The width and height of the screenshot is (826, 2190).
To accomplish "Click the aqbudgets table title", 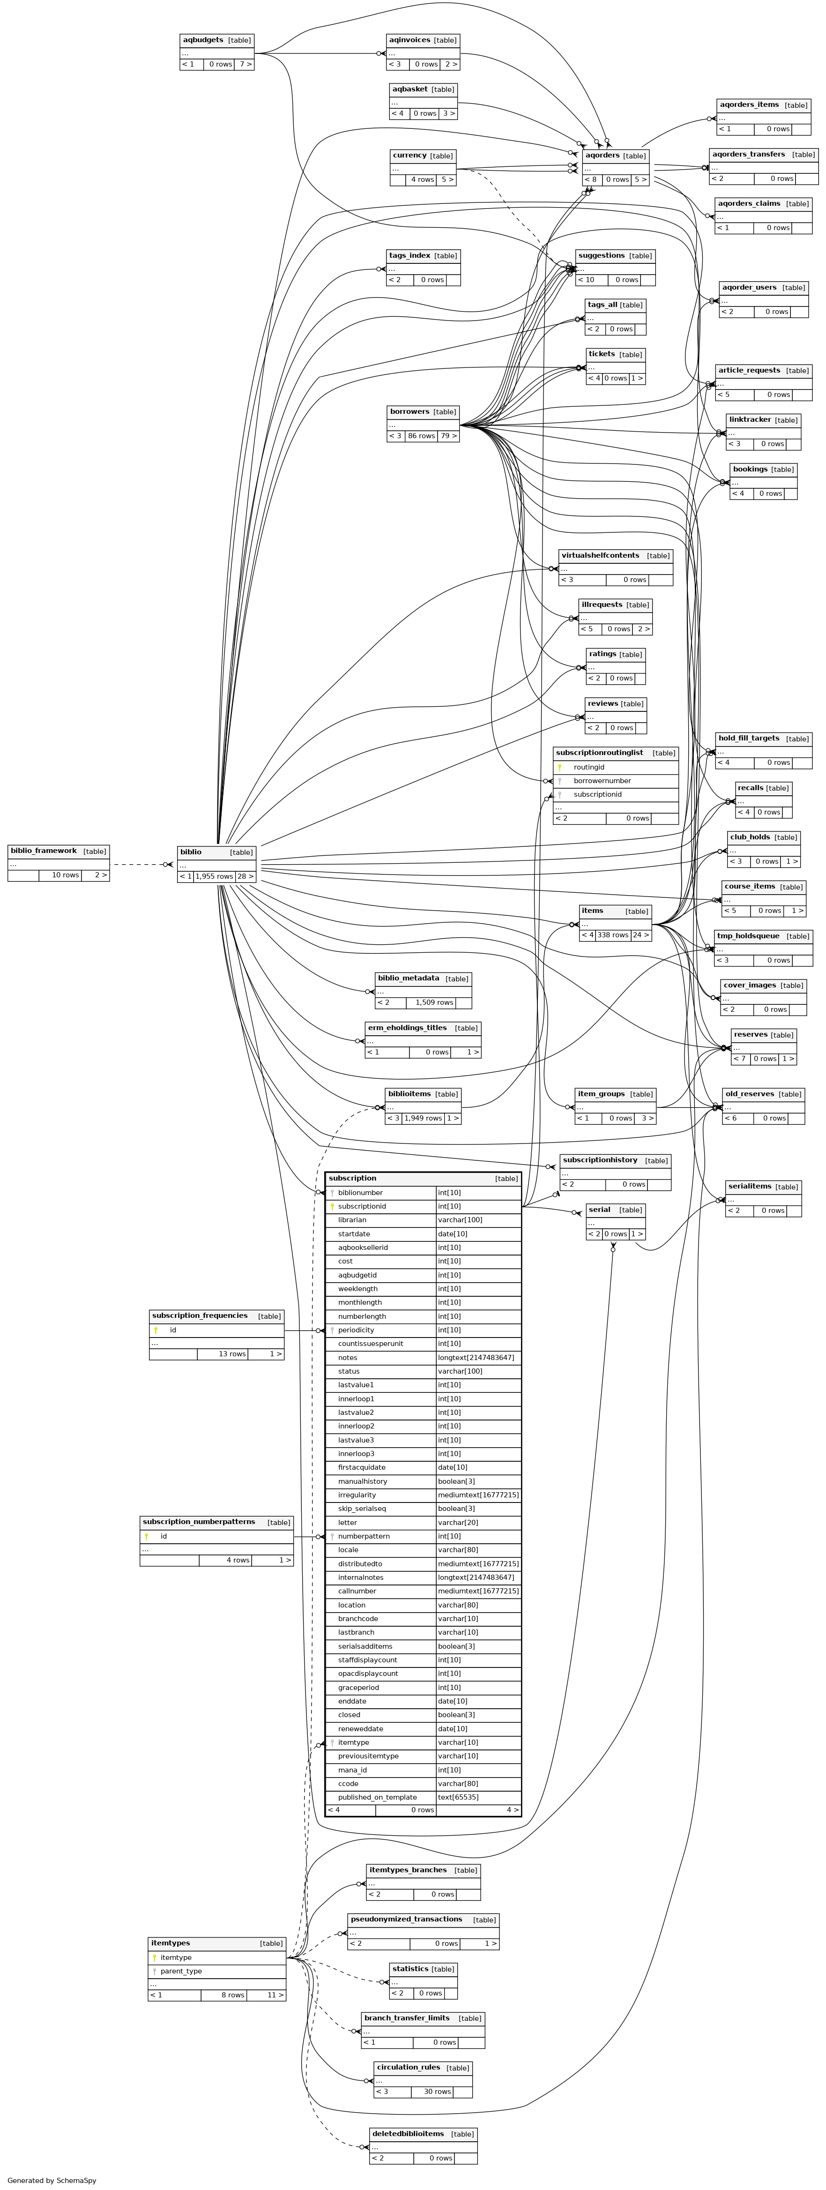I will click(203, 40).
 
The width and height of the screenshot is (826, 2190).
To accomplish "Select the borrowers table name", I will click(409, 411).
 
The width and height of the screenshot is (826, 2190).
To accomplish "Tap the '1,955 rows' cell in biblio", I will click(213, 876).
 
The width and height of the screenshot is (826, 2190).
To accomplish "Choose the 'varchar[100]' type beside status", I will click(459, 1371).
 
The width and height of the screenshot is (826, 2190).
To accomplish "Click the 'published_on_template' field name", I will click(377, 1797).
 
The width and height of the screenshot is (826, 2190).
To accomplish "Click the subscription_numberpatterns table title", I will click(199, 1522).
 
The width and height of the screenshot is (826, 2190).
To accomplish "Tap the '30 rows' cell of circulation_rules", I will click(437, 2092).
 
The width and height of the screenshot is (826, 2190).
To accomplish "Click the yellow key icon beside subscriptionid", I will click(331, 1206).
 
